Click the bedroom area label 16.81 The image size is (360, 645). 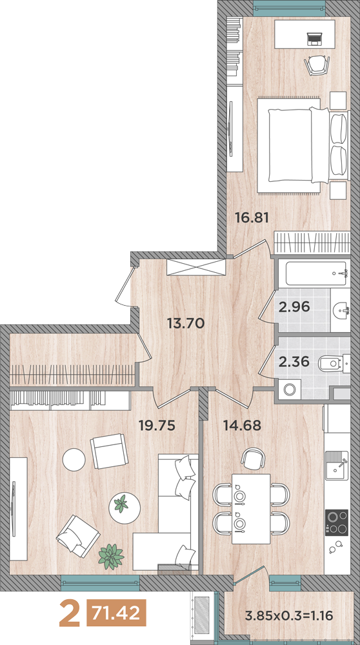(x=252, y=217)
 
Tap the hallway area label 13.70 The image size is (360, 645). (x=186, y=323)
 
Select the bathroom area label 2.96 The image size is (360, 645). (x=294, y=307)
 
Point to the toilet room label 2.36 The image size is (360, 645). (x=294, y=362)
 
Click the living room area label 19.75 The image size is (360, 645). (x=157, y=425)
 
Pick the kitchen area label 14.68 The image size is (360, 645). (x=242, y=425)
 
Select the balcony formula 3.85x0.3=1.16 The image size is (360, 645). (x=288, y=616)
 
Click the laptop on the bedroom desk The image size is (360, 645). (x=314, y=39)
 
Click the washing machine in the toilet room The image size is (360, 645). (x=290, y=389)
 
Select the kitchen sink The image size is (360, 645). (x=337, y=465)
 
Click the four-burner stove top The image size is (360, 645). (x=337, y=522)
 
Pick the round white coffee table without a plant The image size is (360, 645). (x=74, y=460)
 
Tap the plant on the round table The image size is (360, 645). (x=121, y=504)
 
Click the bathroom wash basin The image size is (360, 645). (x=340, y=310)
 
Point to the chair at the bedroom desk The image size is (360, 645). (x=317, y=65)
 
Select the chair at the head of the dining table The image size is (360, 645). (x=252, y=458)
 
